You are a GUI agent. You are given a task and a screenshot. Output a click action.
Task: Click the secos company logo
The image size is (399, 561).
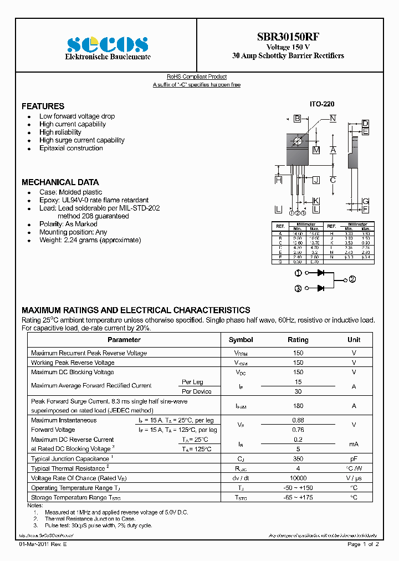point(108,44)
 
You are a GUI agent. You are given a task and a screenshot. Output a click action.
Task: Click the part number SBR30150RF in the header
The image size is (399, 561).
point(288,37)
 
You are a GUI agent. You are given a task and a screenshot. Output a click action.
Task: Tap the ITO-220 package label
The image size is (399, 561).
point(321,104)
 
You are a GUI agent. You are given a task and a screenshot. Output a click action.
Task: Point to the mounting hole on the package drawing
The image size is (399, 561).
point(298,141)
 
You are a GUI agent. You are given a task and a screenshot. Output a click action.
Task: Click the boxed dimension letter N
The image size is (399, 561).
point(332,118)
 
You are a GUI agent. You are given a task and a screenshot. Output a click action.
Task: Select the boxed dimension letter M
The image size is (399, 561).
point(316,150)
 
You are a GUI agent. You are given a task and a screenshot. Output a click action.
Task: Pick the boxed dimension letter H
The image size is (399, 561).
point(278,180)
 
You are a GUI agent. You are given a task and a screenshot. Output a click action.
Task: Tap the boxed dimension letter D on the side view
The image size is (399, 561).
point(365,123)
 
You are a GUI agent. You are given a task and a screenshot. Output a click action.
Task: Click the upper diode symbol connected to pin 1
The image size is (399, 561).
point(320,273)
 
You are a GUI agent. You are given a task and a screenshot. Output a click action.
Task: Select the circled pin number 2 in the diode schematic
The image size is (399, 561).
point(352,279)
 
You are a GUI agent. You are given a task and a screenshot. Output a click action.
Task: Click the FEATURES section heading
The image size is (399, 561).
point(43,106)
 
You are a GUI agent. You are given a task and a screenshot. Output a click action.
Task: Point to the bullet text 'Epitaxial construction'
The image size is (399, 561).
point(71,148)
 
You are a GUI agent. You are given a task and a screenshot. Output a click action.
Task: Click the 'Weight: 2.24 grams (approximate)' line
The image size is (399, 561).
point(90,240)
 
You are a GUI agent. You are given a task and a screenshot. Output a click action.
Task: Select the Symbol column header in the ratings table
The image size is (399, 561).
point(241,340)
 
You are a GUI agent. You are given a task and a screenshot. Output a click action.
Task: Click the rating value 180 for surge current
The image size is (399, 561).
point(298,406)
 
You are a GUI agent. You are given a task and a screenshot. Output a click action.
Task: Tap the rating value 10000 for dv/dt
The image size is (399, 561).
point(298,478)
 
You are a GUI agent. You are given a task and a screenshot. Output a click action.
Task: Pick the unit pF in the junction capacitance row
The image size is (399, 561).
point(354,459)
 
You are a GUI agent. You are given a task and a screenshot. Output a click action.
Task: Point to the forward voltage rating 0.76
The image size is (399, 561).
point(298,430)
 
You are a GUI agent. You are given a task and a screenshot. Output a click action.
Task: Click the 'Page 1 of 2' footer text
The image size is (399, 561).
point(363,545)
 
